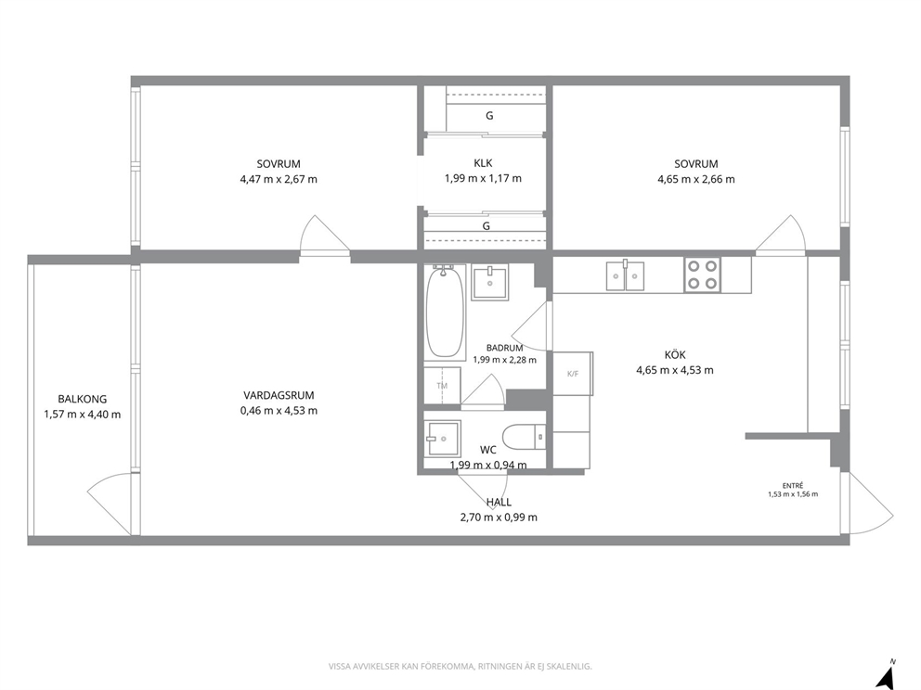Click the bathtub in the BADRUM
(445, 313)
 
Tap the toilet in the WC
(525, 436)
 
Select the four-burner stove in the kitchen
(703, 275)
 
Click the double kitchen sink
(625, 275)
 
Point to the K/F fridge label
(573, 374)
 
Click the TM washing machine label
(442, 386)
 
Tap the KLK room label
(483, 163)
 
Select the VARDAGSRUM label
(279, 395)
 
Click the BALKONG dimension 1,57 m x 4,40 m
(83, 415)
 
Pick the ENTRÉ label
(793, 486)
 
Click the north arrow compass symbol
(885, 675)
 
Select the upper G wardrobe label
(489, 116)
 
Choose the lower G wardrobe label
(486, 226)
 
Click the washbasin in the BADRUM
(490, 282)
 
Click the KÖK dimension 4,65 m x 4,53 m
(675, 370)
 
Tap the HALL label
(499, 503)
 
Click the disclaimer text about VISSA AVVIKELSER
(460, 667)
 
